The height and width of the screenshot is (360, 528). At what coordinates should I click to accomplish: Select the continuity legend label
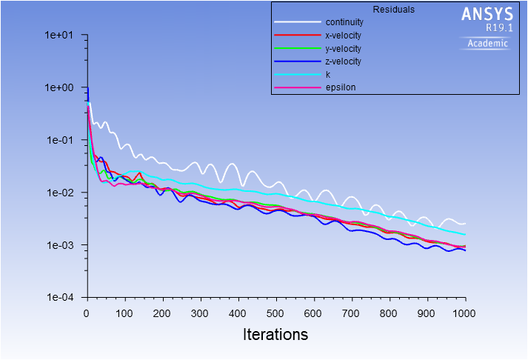tap(344, 22)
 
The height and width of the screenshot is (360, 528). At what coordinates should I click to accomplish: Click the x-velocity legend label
tap(344, 35)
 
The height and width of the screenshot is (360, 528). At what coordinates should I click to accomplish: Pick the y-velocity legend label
tap(344, 48)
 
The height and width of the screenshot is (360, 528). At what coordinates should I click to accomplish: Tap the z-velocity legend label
tap(344, 61)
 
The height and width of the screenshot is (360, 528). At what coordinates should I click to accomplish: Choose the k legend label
tap(327, 75)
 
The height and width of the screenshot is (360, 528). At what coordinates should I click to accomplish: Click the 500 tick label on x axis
tap(275, 313)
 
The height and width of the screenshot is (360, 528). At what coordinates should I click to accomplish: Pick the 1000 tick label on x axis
tap(465, 313)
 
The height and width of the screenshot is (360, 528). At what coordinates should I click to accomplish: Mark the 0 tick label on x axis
tap(87, 313)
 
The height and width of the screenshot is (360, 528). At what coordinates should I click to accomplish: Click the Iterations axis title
tap(275, 335)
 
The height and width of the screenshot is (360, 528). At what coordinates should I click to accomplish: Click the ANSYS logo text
tap(487, 14)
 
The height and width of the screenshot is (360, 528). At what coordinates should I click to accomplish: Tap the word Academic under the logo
tap(489, 43)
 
